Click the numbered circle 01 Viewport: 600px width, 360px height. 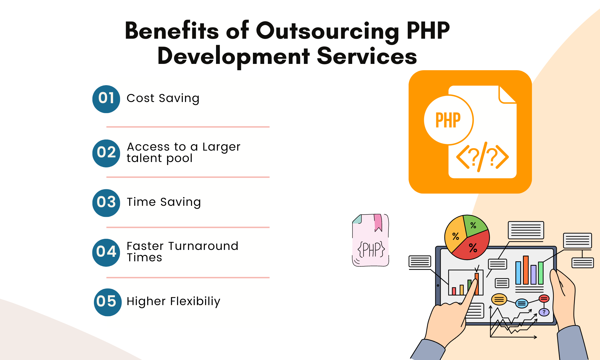point(106,99)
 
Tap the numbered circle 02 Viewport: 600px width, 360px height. point(106,153)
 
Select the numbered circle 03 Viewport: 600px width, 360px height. point(106,203)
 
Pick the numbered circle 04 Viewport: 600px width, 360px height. point(106,253)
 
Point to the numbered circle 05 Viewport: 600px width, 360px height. point(108,302)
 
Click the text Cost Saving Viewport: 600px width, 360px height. point(163,98)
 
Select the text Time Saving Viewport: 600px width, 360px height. point(164,202)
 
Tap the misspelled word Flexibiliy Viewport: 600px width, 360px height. point(195,301)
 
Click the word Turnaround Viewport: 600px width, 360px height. point(203,246)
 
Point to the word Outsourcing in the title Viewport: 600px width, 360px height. point(328,31)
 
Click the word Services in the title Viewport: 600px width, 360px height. point(367,56)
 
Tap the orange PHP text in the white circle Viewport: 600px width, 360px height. point(448,120)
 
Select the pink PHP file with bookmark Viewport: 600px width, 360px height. point(370,240)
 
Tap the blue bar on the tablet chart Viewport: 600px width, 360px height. point(518,273)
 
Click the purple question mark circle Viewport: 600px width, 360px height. point(544,312)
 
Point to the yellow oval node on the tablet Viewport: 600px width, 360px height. point(499,299)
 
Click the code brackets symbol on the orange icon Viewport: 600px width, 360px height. point(482,157)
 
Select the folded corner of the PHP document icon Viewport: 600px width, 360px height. point(507,94)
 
